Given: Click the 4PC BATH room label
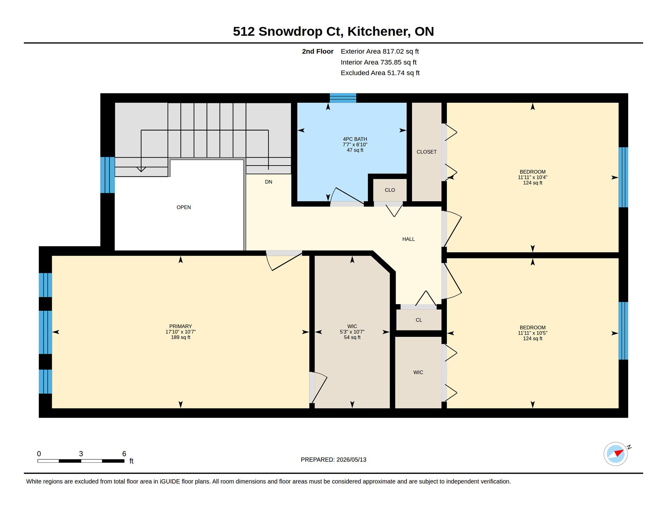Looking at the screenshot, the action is [355, 139].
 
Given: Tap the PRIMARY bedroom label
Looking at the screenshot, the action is [180, 326].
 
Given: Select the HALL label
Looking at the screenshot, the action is [408, 239].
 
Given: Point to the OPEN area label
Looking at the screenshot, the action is [184, 207].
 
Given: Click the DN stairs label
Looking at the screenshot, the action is [268, 182].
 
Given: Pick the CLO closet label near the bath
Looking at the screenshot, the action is [390, 190].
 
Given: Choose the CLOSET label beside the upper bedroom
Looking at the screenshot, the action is [427, 152].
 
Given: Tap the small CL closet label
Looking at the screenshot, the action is [419, 320].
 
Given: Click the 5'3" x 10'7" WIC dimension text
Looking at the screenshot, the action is [352, 332].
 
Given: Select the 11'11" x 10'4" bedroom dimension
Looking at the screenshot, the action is [532, 177].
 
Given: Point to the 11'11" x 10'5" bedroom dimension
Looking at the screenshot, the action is [532, 333].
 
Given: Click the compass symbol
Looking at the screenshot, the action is [616, 454].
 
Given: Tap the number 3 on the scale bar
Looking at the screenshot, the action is [81, 454].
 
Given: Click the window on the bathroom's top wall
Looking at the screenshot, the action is [343, 98].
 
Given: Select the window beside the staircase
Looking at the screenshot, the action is [107, 175].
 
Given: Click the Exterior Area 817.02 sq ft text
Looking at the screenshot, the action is [380, 51].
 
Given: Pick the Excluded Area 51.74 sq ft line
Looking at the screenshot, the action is [380, 73].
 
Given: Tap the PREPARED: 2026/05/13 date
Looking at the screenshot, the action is [333, 460].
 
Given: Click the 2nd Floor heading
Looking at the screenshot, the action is [318, 51].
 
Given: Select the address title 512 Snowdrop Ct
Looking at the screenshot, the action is [288, 32].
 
